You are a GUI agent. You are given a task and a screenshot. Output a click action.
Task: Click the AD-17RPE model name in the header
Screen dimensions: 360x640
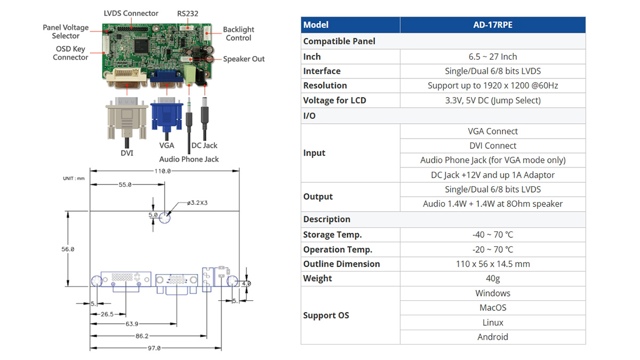pos(492,25)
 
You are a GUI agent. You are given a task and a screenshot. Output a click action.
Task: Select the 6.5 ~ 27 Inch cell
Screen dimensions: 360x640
pos(492,57)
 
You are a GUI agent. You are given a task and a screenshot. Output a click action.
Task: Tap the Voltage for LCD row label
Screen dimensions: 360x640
pos(334,100)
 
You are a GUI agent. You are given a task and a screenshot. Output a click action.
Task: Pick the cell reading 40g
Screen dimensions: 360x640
pos(492,278)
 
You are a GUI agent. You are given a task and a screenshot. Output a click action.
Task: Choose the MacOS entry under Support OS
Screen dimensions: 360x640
pos(492,308)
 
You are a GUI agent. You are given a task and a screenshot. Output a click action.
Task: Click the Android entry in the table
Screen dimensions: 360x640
pos(492,337)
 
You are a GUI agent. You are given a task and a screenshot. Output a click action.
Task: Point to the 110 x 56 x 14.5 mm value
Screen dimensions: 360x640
pos(492,264)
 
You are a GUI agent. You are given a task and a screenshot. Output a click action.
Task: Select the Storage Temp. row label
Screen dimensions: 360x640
pos(332,235)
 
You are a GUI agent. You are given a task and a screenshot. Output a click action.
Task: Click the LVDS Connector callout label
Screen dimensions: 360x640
pos(131,13)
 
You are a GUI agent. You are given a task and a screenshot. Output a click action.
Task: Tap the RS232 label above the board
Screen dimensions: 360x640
pos(187,13)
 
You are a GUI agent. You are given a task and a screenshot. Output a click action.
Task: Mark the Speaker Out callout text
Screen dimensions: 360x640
pos(244,59)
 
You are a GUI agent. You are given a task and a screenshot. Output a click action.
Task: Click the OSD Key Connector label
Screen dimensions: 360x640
pos(70,53)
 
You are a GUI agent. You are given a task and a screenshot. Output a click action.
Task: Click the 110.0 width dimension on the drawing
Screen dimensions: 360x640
pos(162,171)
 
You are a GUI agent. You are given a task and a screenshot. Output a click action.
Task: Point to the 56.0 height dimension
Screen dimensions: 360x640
pos(67,249)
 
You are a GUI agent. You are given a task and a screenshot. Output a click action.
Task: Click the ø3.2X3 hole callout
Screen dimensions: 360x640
pos(197,203)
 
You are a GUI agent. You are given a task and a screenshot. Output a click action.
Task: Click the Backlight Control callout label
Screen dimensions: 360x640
pos(238,34)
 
